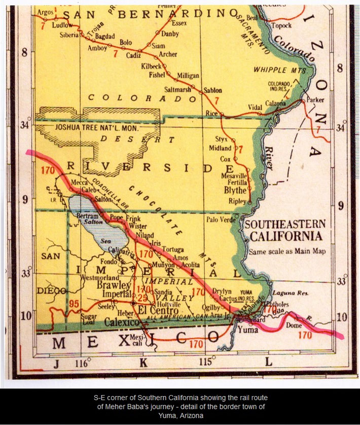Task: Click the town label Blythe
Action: (x=235, y=191)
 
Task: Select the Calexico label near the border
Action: (x=122, y=322)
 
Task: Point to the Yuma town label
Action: (x=248, y=330)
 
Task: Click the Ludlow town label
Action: (x=63, y=25)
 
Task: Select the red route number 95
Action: (x=75, y=304)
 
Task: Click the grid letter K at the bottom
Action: (x=143, y=362)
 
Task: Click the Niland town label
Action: (x=145, y=235)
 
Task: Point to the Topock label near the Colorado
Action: (x=281, y=25)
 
